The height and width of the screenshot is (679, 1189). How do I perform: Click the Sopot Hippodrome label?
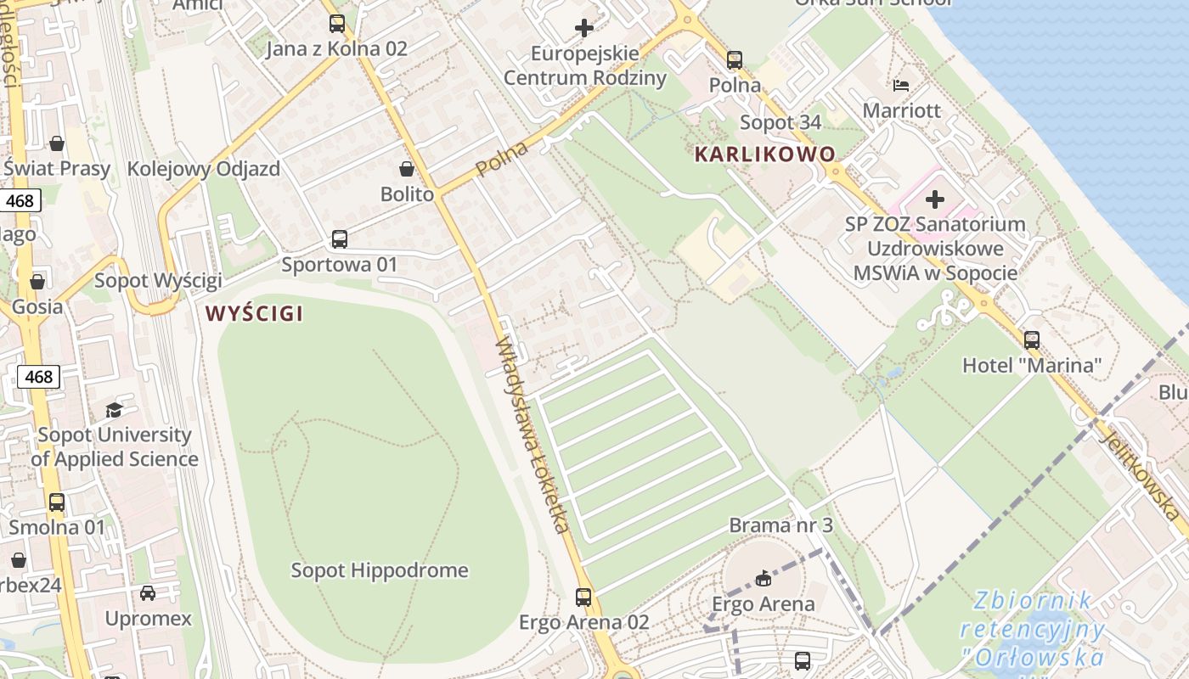coord(380,570)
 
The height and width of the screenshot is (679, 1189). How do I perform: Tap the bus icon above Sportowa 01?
coord(340,239)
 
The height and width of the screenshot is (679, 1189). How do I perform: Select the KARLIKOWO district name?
coord(765,154)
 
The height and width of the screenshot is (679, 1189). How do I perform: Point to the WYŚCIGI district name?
coord(254,313)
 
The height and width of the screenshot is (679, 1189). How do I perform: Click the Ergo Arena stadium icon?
coord(764,579)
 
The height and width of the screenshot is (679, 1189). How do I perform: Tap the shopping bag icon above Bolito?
coord(407,169)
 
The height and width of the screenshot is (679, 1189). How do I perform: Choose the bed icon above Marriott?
coord(901,86)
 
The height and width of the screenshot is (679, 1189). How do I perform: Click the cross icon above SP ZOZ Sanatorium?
coord(935,199)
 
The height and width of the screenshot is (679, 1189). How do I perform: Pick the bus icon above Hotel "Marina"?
coord(1032,340)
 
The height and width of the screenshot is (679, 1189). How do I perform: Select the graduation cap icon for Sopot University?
coord(114,410)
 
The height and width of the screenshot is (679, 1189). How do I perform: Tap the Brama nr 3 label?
coord(780,525)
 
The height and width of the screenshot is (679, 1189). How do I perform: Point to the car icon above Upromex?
coord(148,592)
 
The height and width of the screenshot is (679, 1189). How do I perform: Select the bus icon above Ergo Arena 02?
coord(583,597)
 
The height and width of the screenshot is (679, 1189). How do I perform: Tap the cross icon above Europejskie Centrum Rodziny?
coord(584,28)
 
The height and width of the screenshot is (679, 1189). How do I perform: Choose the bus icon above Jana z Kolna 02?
coord(337,24)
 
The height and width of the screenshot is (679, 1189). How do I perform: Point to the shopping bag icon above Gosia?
coord(37,281)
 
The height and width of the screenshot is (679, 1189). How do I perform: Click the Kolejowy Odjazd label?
coord(203,169)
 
